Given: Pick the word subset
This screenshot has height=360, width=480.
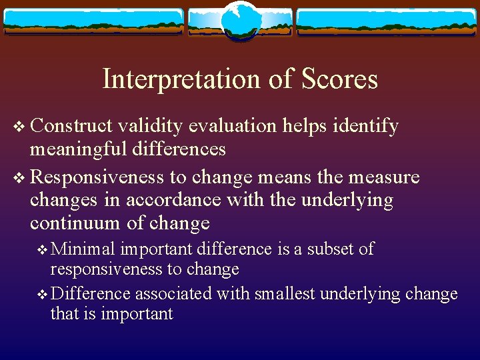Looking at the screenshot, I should click(x=335, y=249).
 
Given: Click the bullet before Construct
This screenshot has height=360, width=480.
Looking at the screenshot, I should click(x=18, y=126).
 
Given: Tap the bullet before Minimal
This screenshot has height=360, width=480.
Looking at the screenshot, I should click(x=43, y=250).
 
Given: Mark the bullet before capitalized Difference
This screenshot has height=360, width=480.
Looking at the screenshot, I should click(x=43, y=294).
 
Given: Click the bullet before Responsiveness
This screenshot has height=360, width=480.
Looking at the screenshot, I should click(x=18, y=178).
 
